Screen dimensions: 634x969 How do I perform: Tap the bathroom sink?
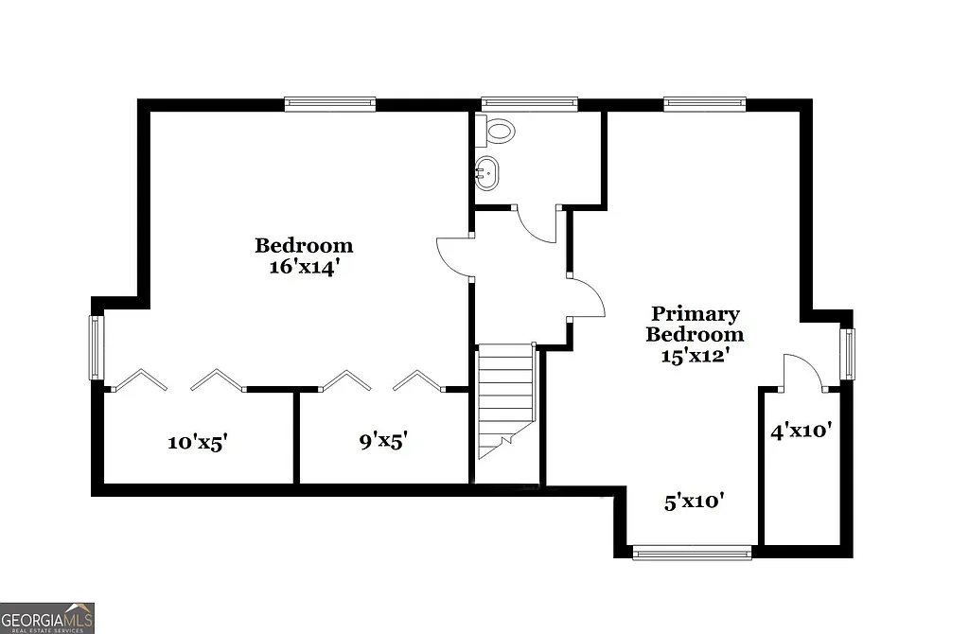coord(487,173)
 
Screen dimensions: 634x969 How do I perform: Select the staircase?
coord(506,397)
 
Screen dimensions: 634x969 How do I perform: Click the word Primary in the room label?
coord(695,314)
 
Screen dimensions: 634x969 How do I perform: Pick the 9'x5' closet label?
coord(383,440)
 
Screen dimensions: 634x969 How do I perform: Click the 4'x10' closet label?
coord(801,431)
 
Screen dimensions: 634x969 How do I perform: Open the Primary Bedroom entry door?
coord(587,297)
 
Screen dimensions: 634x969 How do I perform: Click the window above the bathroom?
coord(529,104)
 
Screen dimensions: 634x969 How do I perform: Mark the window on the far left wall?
coord(96,347)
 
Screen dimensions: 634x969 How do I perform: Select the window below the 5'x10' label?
coord(692,552)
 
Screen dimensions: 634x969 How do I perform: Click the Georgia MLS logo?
coord(47,618)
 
